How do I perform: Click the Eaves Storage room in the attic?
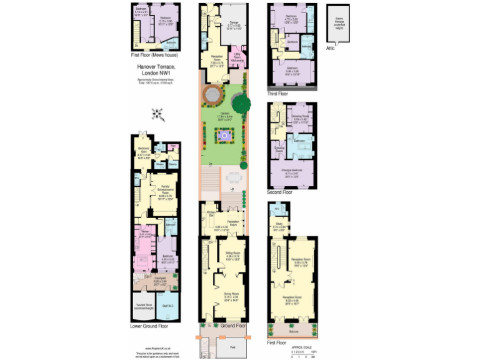(x=339, y=22)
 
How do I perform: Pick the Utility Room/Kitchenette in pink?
(x=237, y=57)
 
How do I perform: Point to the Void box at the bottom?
(x=231, y=347)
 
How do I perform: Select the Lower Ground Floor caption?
(x=149, y=326)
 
